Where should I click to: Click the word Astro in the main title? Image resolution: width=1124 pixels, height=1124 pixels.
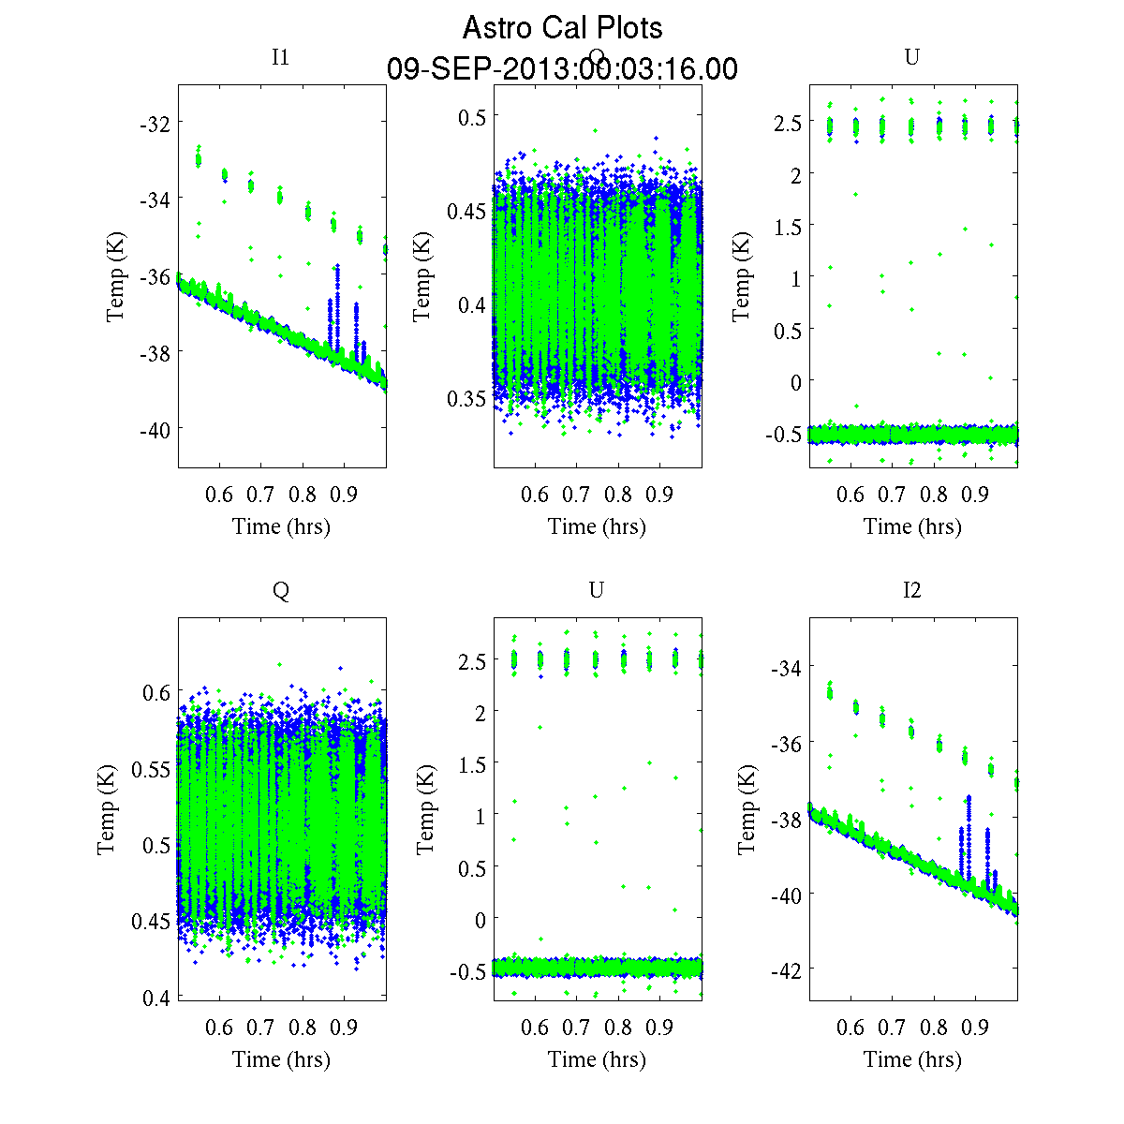pyautogui.click(x=497, y=28)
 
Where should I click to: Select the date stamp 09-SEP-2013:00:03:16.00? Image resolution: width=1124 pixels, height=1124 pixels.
pyautogui.click(x=562, y=69)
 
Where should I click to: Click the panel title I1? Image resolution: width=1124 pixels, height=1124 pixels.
pyautogui.click(x=280, y=57)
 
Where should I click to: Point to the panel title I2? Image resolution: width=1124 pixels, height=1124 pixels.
pyautogui.click(x=911, y=590)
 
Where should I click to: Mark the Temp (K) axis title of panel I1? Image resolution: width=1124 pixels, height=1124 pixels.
pyautogui.click(x=115, y=276)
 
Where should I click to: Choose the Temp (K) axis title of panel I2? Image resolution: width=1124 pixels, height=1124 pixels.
pyautogui.click(x=747, y=809)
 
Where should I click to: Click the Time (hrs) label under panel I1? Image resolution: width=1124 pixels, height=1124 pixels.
pyautogui.click(x=281, y=526)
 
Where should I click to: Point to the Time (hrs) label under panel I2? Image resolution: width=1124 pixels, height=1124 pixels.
pyautogui.click(x=912, y=1059)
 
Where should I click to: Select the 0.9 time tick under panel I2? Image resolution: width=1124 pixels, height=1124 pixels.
pyautogui.click(x=976, y=1028)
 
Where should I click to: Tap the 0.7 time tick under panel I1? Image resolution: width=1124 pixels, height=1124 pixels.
pyautogui.click(x=260, y=495)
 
